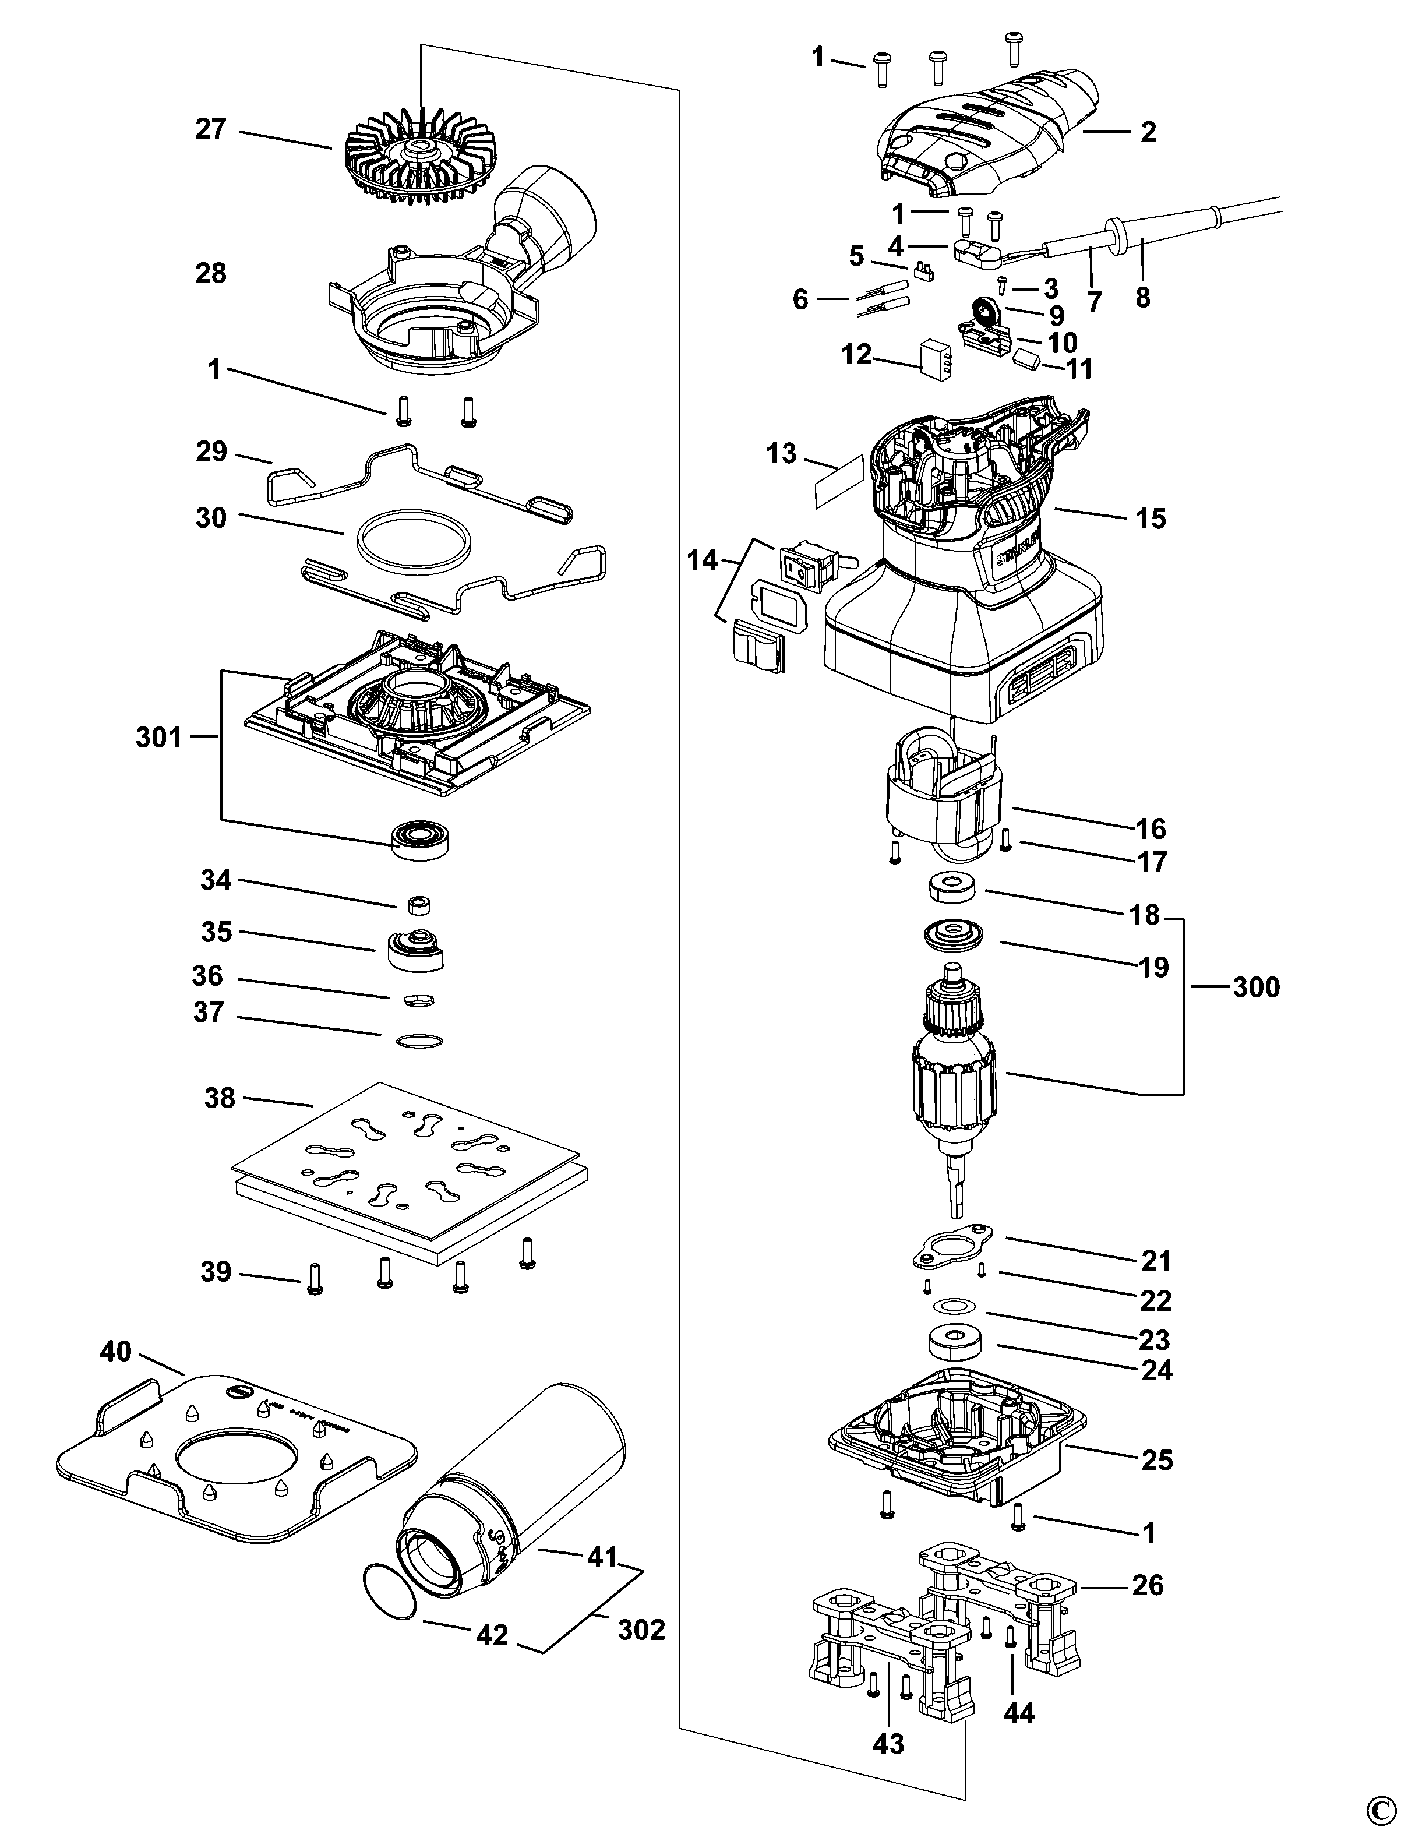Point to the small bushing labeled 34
421,904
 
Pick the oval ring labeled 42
390,1591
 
